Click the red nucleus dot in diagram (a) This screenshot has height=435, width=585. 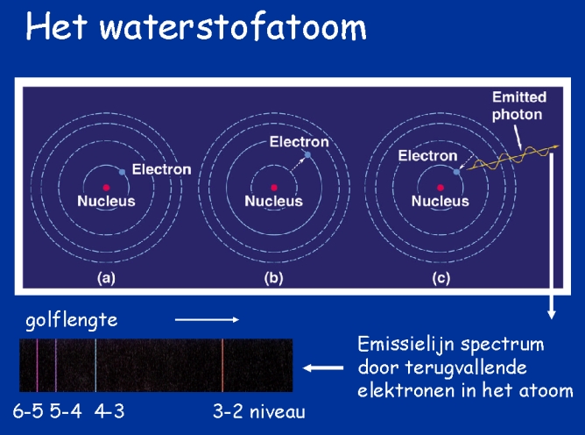[106, 188]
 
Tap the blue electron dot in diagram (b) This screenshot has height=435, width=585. [307, 154]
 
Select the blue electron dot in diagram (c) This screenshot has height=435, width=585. [456, 172]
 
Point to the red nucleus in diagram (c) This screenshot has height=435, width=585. [441, 188]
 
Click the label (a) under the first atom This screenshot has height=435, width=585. [106, 278]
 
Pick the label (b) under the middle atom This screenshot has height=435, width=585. [273, 278]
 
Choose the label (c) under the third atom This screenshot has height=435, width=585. [441, 278]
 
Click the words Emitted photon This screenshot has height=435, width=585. [519, 106]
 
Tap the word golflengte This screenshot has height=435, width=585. [72, 321]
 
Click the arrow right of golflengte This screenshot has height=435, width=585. [207, 319]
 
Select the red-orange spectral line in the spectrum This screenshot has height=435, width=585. [222, 366]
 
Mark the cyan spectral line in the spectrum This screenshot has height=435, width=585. [95, 366]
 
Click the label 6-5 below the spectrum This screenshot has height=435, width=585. [28, 411]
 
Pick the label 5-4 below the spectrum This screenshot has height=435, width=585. [66, 411]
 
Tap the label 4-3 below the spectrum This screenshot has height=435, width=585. [109, 411]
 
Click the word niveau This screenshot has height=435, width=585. [278, 411]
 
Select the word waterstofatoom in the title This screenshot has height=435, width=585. [233, 27]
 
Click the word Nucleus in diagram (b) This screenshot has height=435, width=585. [273, 201]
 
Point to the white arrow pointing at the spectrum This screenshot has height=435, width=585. [323, 368]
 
